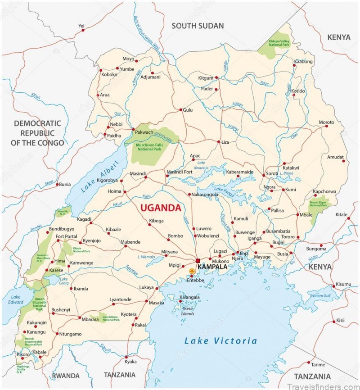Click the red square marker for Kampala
point(198,260)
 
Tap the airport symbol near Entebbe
point(192,271)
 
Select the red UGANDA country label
point(161,208)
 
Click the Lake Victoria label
point(220,341)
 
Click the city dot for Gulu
point(181,110)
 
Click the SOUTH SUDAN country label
point(198,26)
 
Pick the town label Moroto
point(326,122)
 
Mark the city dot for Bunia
point(57,184)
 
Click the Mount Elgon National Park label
point(320,204)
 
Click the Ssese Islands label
point(188,311)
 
